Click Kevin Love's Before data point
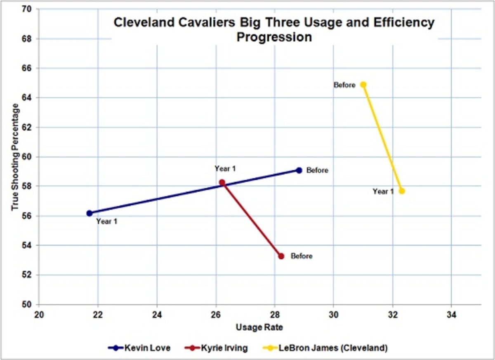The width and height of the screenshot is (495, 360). pyautogui.click(x=299, y=170)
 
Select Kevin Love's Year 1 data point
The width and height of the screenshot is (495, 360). pyautogui.click(x=90, y=213)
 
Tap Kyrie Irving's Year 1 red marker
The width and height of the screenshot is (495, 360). pyautogui.click(x=222, y=182)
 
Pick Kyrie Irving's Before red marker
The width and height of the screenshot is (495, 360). pyautogui.click(x=281, y=256)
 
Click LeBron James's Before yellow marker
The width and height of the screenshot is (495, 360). pyautogui.click(x=363, y=85)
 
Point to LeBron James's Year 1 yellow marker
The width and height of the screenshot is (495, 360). pyautogui.click(x=402, y=191)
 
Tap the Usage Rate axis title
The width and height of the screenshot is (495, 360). pyautogui.click(x=259, y=328)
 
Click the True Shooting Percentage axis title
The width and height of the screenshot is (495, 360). pyautogui.click(x=16, y=157)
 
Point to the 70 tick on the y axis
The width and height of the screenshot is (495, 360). pyautogui.click(x=30, y=9)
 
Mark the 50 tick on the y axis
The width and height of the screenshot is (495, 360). pyautogui.click(x=30, y=304)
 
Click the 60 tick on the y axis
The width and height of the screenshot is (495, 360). pyautogui.click(x=30, y=157)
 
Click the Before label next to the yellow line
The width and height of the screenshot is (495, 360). pyautogui.click(x=344, y=85)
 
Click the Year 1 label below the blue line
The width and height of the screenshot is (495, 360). pyautogui.click(x=107, y=222)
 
